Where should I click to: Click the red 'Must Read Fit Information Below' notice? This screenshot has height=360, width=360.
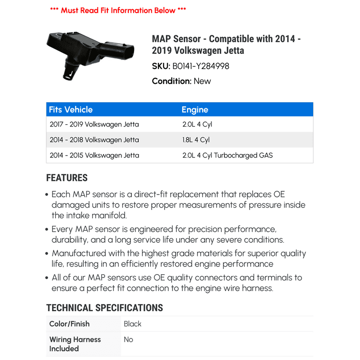pos(118,10)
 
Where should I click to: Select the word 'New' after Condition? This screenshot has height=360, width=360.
pos(202,81)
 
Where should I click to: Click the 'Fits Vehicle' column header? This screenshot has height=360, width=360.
pos(71,110)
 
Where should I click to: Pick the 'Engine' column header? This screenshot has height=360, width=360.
pos(195,110)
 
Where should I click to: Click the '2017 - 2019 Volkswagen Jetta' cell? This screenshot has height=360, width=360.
pos(94,125)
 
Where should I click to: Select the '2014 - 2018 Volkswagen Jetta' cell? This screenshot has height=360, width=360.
pos(94,140)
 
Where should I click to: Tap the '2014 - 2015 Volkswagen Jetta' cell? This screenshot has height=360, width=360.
pos(94,155)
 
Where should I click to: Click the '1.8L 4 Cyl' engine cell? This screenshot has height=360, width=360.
pos(196,140)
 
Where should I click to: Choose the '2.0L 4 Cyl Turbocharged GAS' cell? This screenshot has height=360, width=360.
pos(227,155)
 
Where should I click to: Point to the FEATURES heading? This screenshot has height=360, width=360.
pos(67,178)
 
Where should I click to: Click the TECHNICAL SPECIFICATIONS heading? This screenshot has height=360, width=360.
pos(105,308)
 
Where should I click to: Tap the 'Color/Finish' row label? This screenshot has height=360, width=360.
pos(69,324)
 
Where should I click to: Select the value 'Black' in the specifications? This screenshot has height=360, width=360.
pos(132,324)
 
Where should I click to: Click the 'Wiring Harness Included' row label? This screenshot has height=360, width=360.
pos(75,344)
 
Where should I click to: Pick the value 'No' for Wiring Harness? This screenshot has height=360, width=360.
pos(128,339)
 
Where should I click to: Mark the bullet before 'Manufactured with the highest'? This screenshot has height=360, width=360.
pos(47,254)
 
